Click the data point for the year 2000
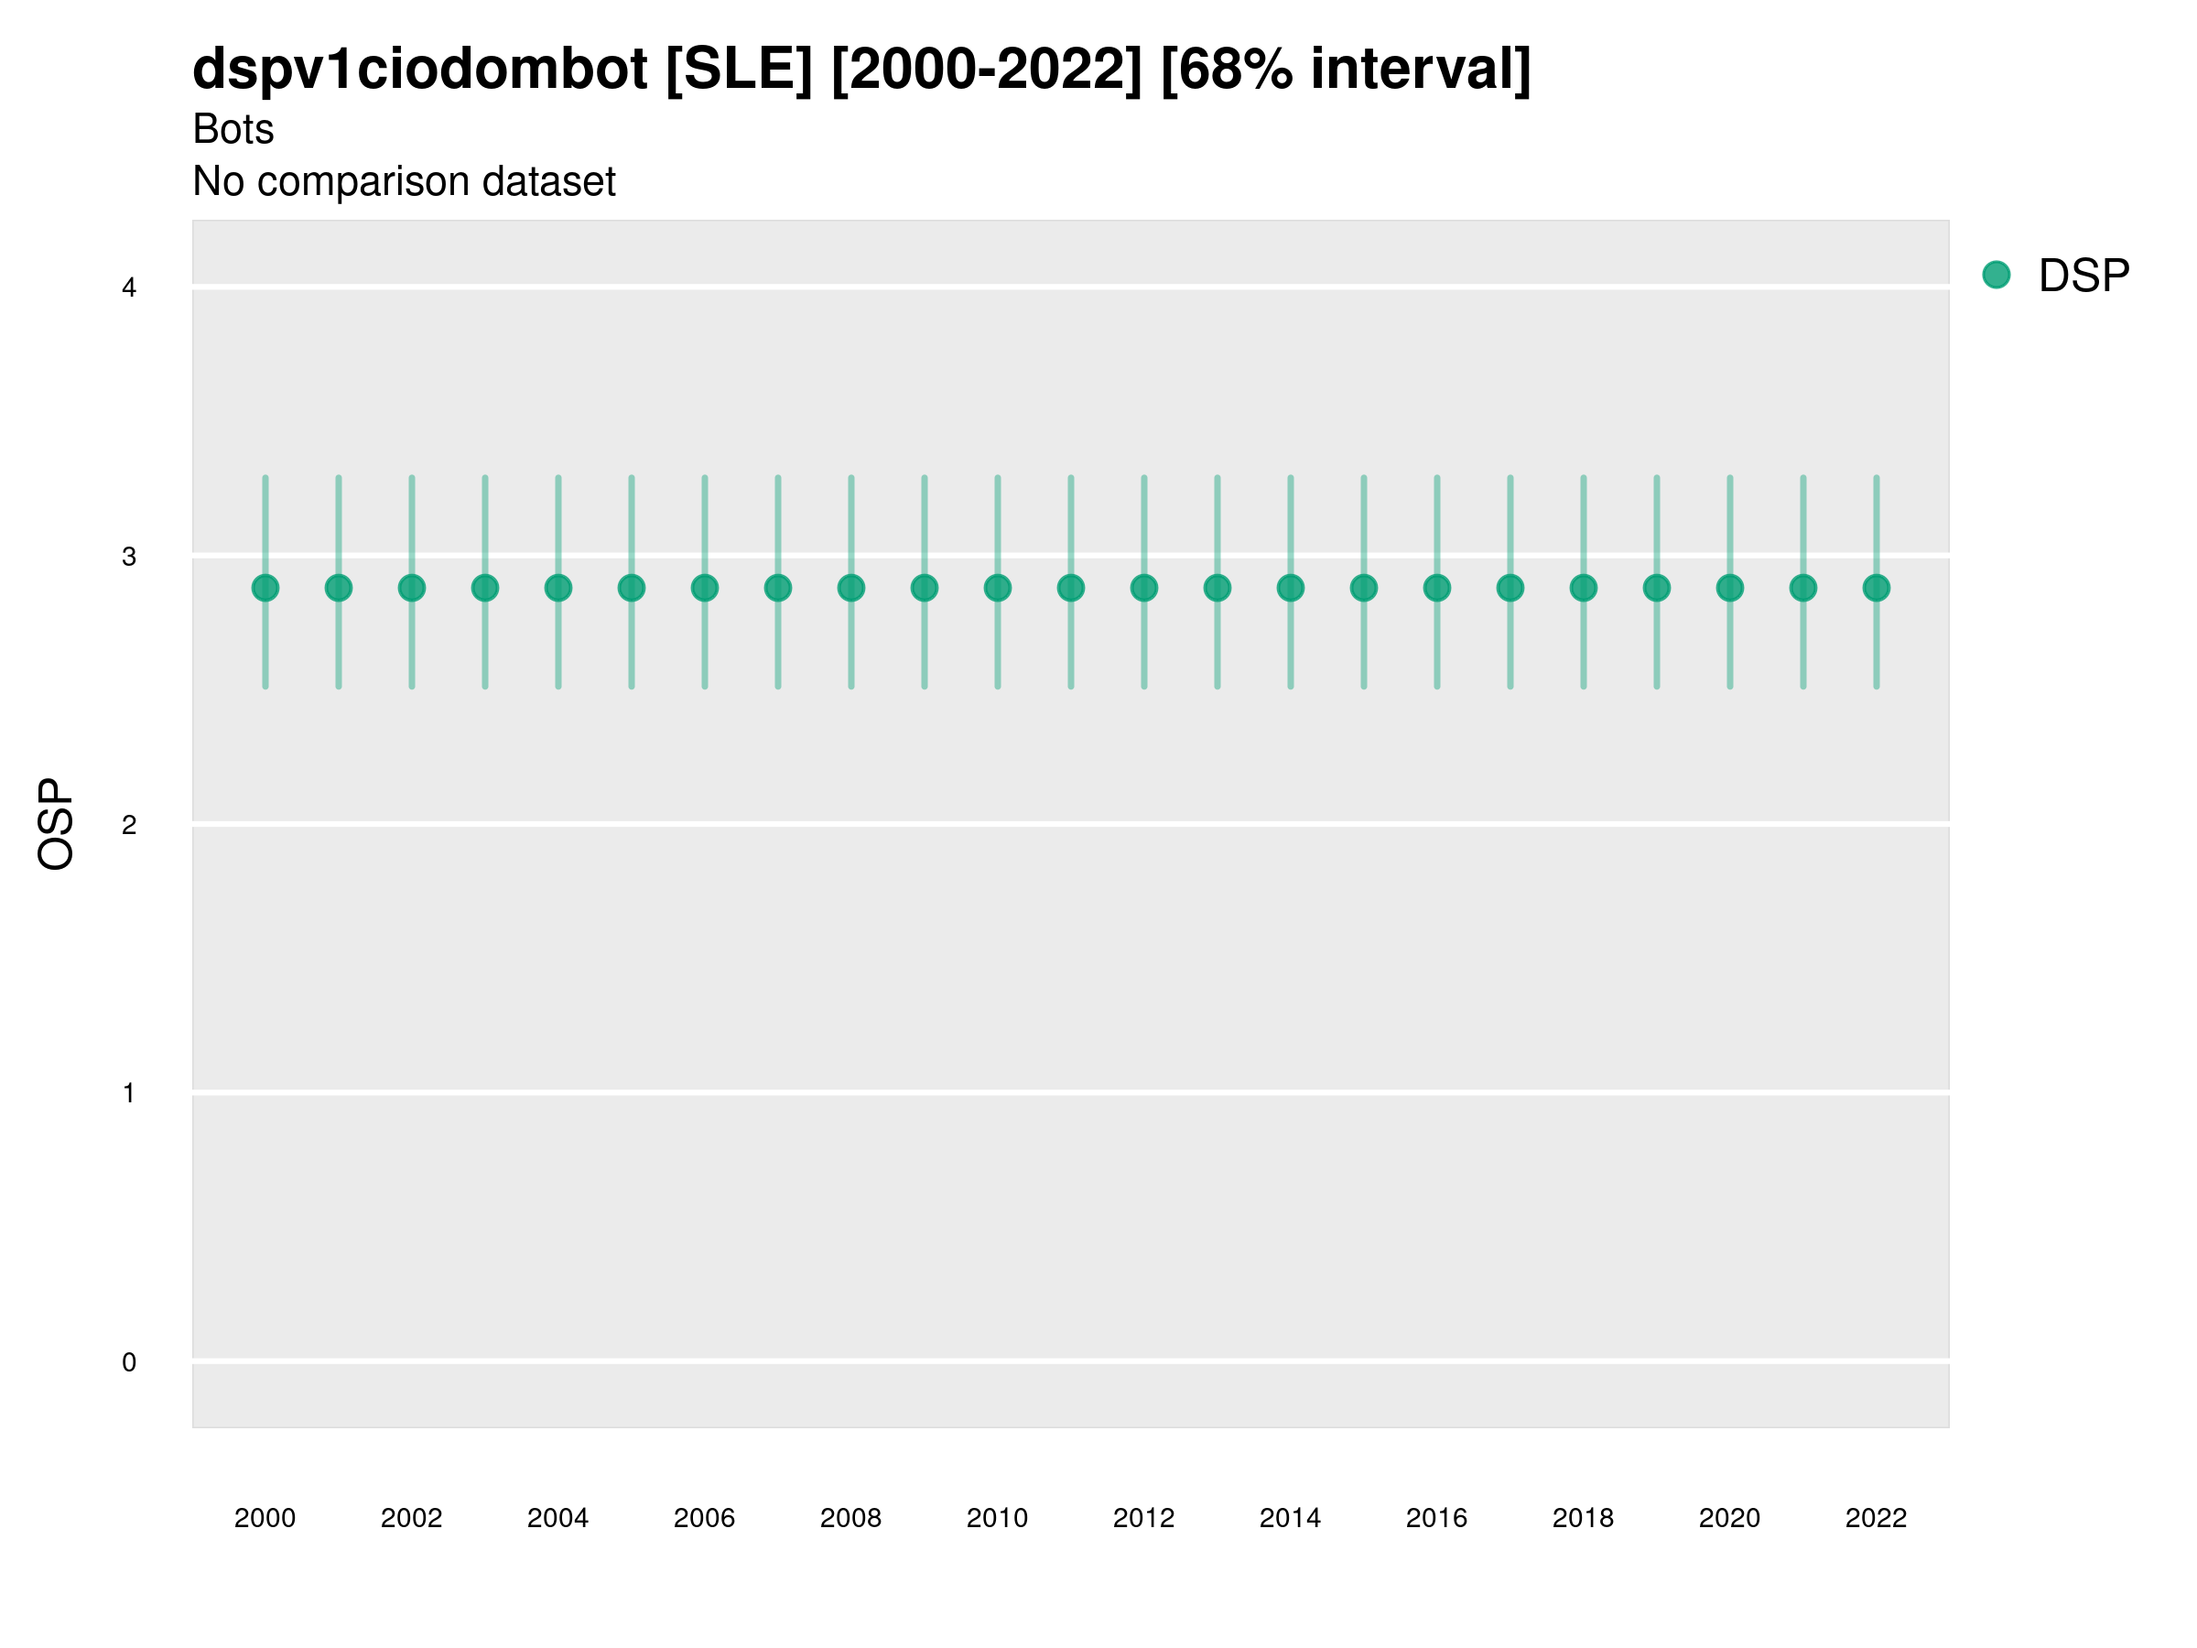click(265, 588)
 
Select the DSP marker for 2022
click(1877, 588)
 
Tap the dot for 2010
click(997, 588)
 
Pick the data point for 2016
click(1437, 588)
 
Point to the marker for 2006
click(704, 588)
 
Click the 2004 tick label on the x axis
click(557, 1518)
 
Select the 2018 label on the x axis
click(1583, 1518)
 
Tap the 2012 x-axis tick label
click(1143, 1518)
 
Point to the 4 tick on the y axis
click(129, 288)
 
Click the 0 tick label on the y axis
click(129, 1362)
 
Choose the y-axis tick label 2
click(129, 825)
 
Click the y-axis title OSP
click(56, 825)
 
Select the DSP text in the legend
click(2083, 276)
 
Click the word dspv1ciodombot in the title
click(419, 70)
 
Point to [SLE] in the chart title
click(739, 70)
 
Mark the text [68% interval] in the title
click(1346, 70)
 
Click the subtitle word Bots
click(233, 129)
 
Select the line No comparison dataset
click(405, 182)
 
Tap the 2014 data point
click(1290, 588)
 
